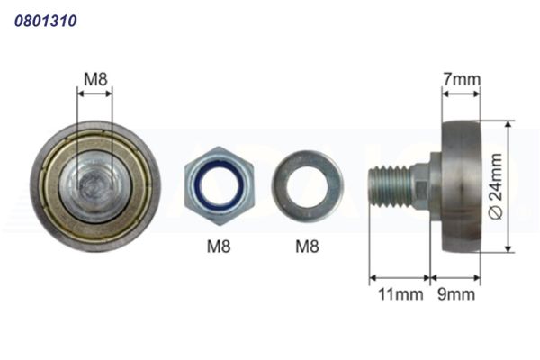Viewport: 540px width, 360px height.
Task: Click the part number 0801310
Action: (46, 21)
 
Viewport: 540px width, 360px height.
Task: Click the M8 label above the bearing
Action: (95, 79)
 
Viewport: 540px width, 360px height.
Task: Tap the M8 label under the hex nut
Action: (219, 247)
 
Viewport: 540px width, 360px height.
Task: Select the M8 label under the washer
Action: (307, 247)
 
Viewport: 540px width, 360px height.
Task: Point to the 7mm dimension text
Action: (462, 79)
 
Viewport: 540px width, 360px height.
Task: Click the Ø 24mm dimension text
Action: (496, 186)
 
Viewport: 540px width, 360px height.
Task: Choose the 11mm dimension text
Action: (400, 294)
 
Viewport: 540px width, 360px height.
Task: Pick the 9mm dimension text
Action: (456, 294)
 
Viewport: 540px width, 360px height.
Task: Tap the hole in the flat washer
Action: (307, 186)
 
